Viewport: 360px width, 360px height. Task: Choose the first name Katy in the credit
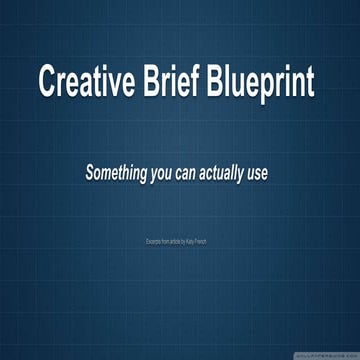pos(191,241)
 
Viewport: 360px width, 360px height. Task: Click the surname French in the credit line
pos(203,241)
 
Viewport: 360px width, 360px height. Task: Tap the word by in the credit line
pos(185,241)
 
